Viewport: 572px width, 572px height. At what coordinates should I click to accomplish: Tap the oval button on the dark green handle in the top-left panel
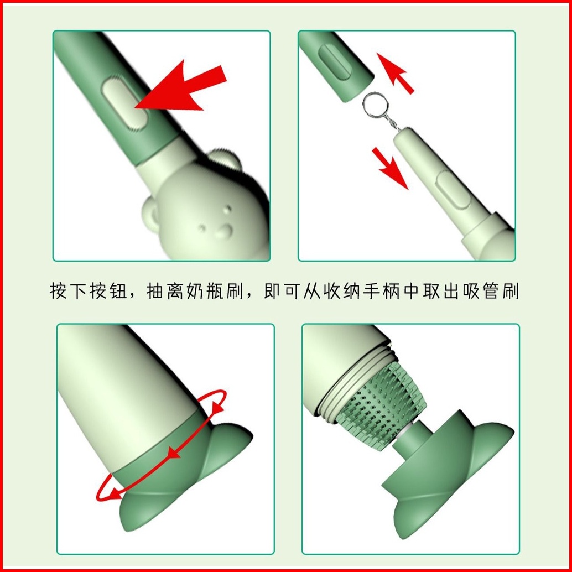tap(125, 105)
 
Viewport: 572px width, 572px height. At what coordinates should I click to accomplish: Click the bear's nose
tap(225, 230)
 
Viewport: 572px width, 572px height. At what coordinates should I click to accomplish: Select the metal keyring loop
tap(376, 105)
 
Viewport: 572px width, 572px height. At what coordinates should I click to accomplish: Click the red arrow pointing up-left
tap(394, 72)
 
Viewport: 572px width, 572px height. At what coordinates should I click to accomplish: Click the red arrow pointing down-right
tap(390, 168)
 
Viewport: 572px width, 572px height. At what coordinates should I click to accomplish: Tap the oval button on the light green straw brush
tap(453, 190)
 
